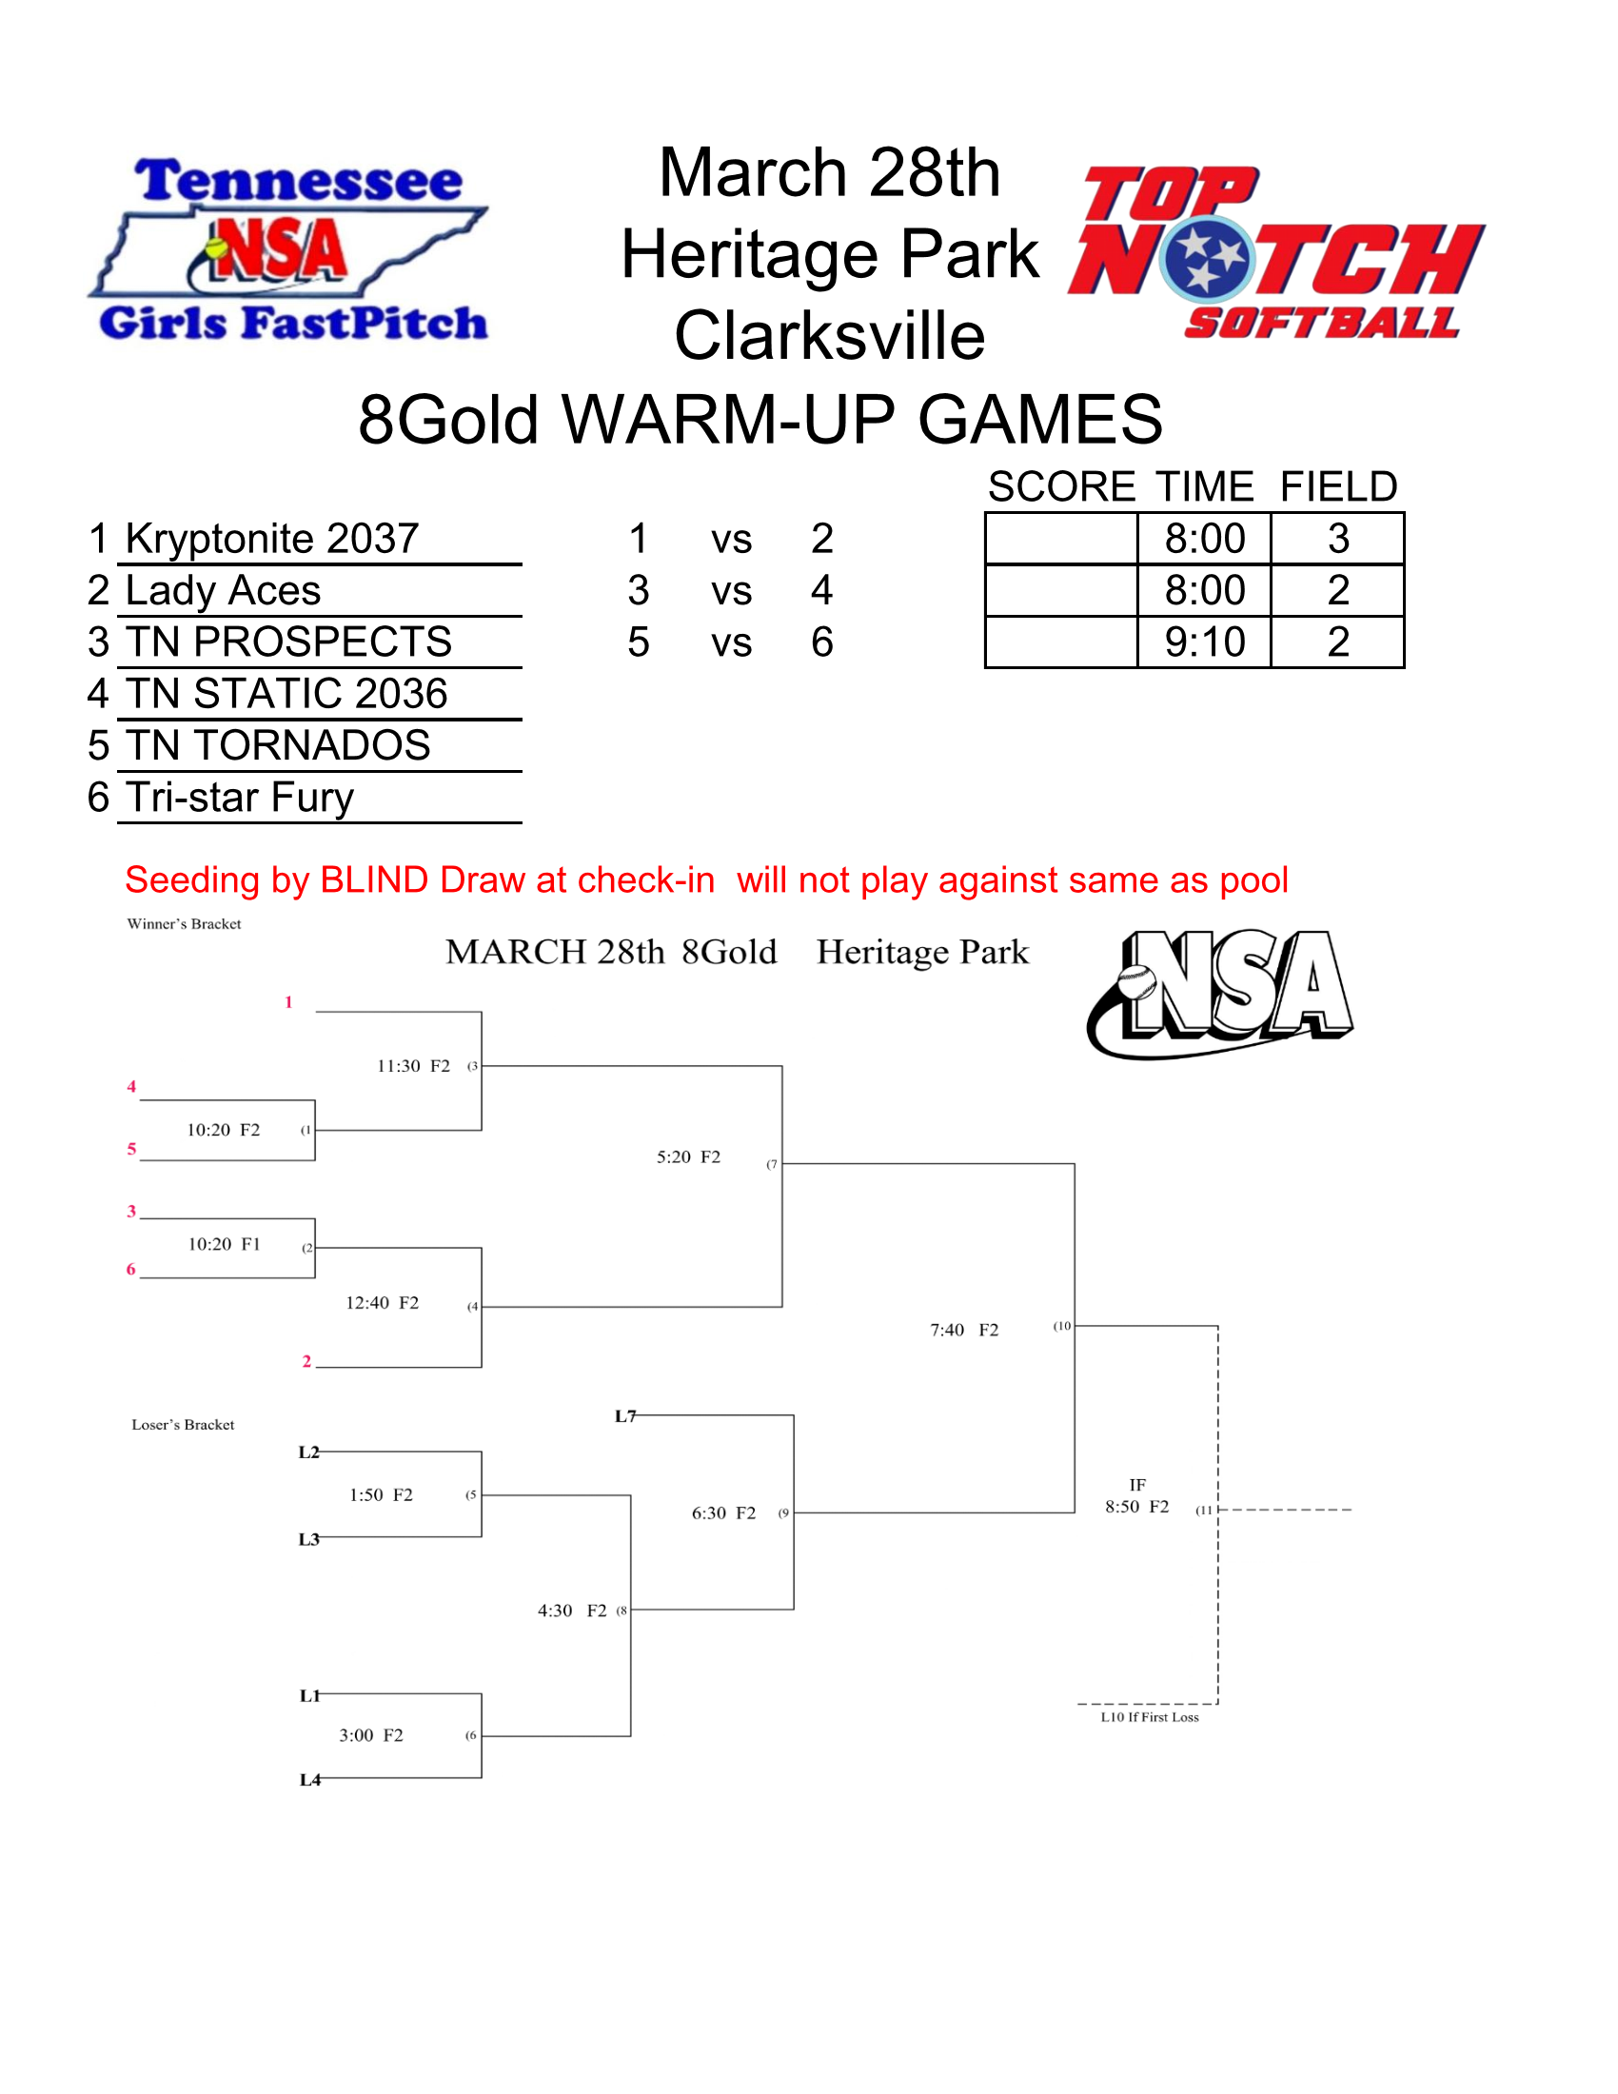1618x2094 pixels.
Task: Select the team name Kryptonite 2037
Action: pos(272,539)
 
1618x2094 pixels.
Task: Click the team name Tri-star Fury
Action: pos(240,798)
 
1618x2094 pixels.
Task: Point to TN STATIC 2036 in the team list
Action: pos(286,694)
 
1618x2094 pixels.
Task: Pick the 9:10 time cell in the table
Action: pos(1204,642)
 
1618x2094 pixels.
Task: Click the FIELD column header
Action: pos(1338,487)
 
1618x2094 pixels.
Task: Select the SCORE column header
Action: pos(1061,487)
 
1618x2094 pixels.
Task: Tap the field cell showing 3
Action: pos(1338,539)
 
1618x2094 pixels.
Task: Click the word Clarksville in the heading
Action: pos(829,336)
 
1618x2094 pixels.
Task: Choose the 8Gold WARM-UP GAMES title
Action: pos(760,420)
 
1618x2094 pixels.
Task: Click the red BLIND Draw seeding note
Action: pos(706,880)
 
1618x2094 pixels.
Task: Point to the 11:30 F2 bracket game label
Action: pos(413,1066)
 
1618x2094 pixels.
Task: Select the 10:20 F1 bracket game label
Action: pos(225,1245)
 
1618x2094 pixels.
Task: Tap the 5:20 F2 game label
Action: pos(688,1157)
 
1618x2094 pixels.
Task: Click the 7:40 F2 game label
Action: pos(964,1330)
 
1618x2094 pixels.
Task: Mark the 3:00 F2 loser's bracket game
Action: pos(371,1735)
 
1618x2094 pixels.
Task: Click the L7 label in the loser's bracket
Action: pos(625,1416)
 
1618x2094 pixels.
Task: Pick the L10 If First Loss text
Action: pos(1150,1717)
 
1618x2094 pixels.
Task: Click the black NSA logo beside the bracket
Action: pos(1219,994)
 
